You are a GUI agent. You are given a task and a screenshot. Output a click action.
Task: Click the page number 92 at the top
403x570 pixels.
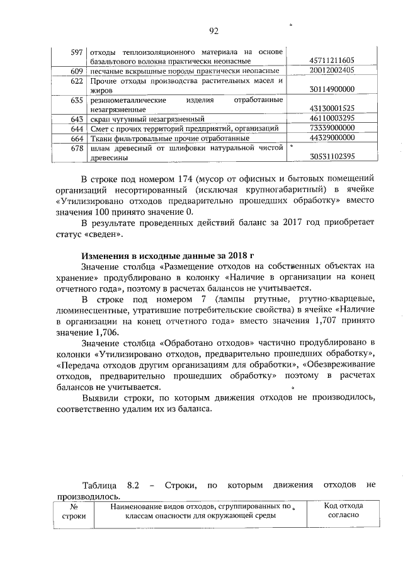coord(213,30)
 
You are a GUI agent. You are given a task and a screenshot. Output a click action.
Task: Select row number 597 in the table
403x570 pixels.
coord(77,51)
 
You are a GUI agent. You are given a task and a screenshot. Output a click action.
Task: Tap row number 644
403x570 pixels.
coord(77,128)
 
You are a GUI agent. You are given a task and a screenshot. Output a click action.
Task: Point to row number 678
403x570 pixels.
coord(77,147)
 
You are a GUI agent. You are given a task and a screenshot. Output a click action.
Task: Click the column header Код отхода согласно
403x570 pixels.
coord(343,510)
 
